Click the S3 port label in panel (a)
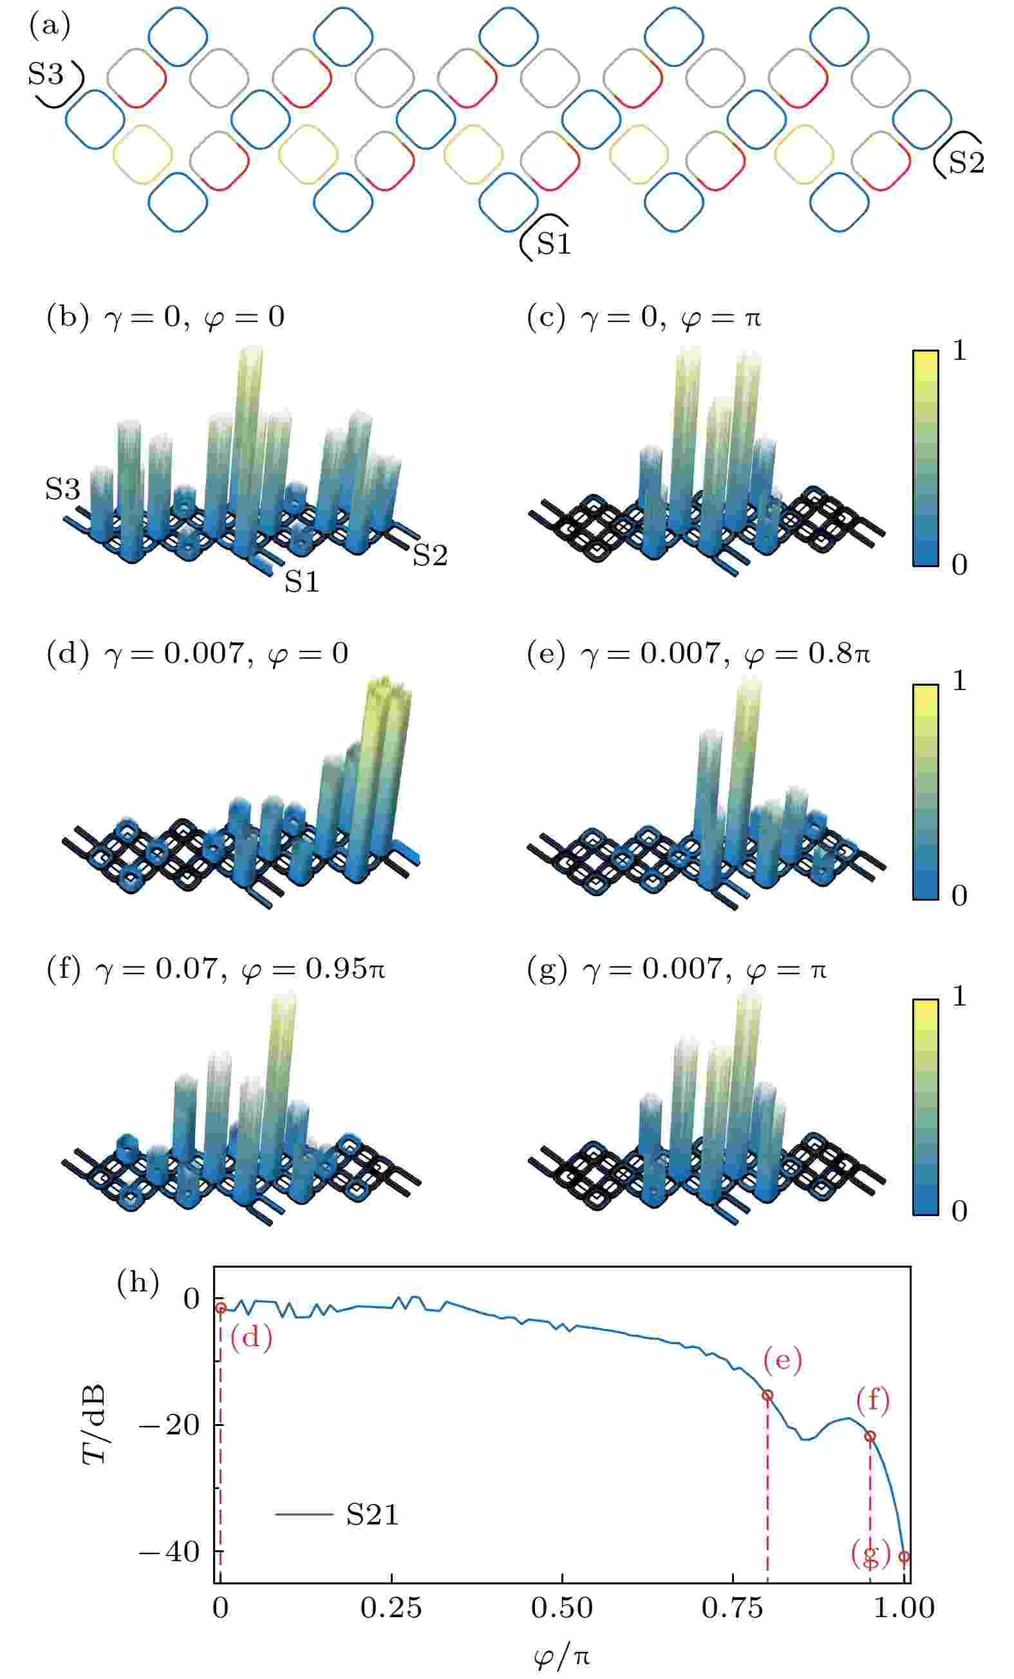[x=45, y=73]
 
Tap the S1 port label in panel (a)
[x=552, y=243]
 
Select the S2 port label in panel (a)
[x=966, y=162]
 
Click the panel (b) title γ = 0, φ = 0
[x=165, y=317]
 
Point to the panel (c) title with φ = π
[x=644, y=317]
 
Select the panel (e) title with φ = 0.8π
[x=699, y=653]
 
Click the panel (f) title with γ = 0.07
[x=215, y=968]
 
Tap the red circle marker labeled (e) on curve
[x=767, y=1394]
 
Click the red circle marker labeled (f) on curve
[x=870, y=1436]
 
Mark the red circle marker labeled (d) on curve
[x=221, y=1307]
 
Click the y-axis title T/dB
[x=94, y=1425]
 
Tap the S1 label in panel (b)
[x=301, y=581]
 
